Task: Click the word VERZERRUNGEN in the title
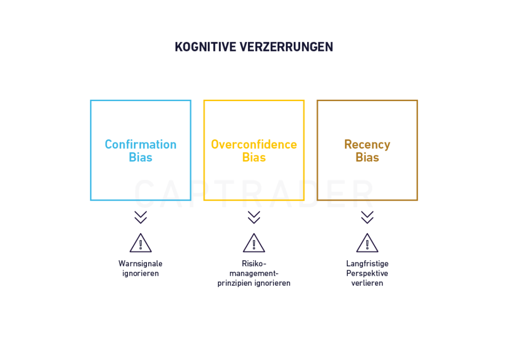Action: [286, 47]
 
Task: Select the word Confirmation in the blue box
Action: [140, 144]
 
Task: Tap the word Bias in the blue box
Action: [140, 157]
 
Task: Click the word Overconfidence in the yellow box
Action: [254, 144]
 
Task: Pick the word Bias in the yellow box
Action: [254, 157]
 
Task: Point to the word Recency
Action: [367, 145]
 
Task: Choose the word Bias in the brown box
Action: [367, 157]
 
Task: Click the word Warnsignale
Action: [140, 264]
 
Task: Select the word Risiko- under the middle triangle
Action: [254, 263]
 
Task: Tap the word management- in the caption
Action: [254, 274]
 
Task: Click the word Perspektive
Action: [367, 274]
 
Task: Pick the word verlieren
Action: [367, 283]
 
